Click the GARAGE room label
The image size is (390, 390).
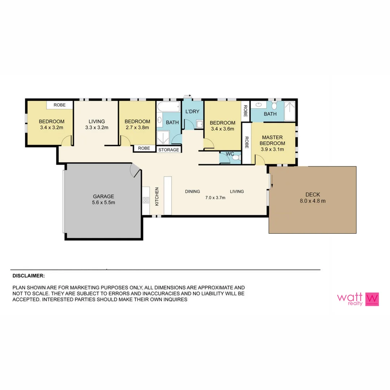[103, 196]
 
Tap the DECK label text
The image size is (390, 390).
[313, 194]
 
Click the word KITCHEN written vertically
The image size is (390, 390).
[157, 196]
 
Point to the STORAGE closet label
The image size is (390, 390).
[169, 149]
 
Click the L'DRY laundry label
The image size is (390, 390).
[192, 112]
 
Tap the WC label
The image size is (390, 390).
[230, 154]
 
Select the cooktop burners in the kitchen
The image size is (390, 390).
[146, 200]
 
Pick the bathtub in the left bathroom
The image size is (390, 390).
[169, 107]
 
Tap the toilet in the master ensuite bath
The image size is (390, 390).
[274, 106]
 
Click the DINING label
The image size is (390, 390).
[192, 191]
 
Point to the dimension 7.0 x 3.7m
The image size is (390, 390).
[215, 198]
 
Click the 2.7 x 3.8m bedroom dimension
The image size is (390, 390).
[137, 127]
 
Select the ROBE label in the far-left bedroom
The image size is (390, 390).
[60, 105]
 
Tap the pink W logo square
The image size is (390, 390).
[372, 299]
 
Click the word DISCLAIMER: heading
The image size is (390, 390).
[29, 276]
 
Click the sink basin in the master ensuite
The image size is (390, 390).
[259, 105]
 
